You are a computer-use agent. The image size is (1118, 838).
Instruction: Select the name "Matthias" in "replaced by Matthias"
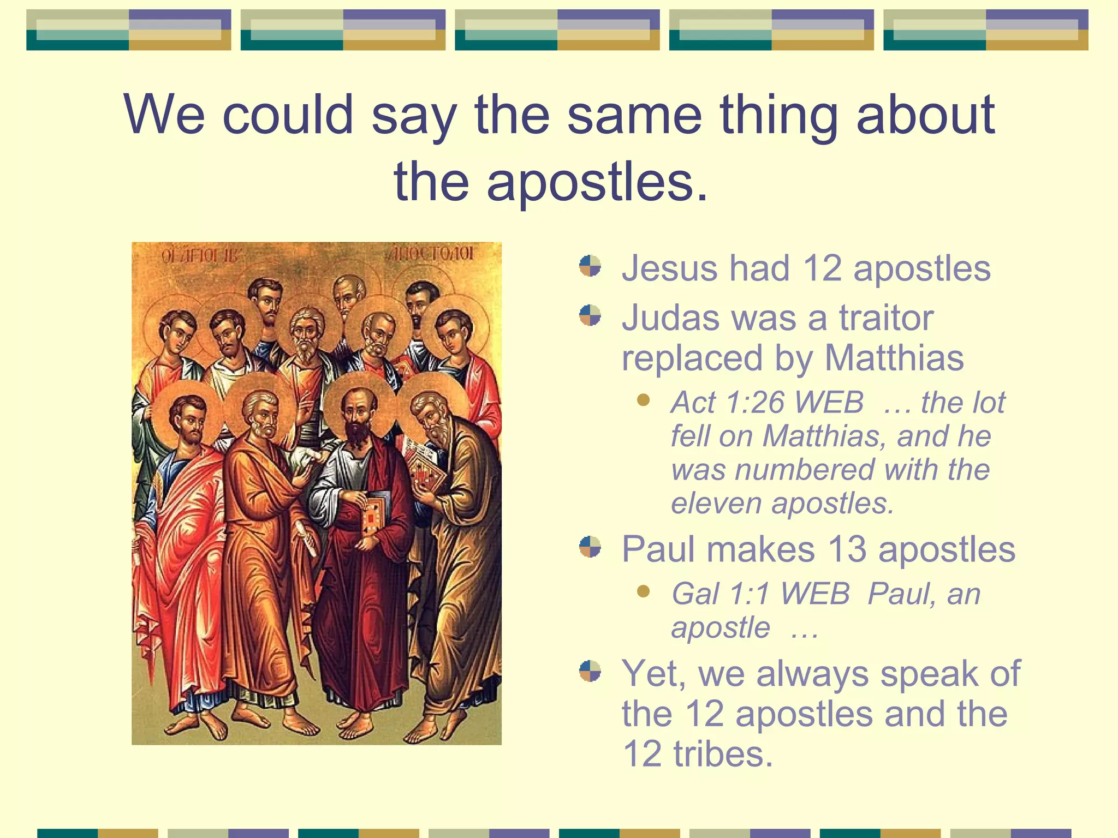tap(894, 358)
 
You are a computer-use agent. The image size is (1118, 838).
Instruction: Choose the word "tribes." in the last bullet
tap(723, 754)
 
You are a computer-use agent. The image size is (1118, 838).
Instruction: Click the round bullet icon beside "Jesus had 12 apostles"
tap(590, 266)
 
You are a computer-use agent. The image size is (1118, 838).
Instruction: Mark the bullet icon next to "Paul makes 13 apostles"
tap(590, 547)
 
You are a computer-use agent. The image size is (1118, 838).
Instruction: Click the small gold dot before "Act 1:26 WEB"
tap(644, 401)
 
